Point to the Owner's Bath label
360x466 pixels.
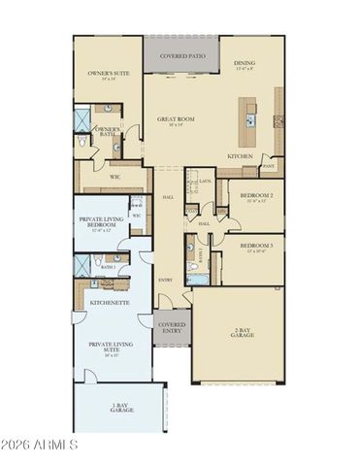coord(107,131)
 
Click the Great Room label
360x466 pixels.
coord(176,120)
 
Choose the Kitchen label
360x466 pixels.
coord(241,155)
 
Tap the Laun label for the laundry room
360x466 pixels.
coord(207,182)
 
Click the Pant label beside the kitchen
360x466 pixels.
coord(268,166)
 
